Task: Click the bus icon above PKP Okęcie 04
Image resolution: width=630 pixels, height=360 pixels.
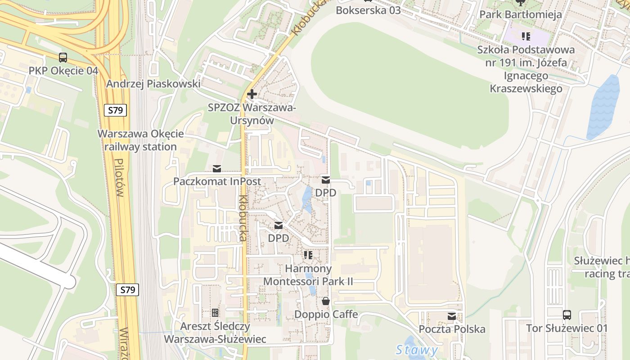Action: pos(63,58)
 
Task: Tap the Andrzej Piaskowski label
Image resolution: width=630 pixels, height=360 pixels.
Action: pos(153,84)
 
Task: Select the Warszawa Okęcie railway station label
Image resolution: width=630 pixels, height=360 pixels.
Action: pos(140,140)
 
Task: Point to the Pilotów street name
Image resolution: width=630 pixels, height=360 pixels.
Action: pos(119,178)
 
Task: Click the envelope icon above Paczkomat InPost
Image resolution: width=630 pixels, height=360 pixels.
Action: pos(217,169)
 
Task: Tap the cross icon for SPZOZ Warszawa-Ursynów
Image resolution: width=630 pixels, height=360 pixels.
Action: pos(252,94)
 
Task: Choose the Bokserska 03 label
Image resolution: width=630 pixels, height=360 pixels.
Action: pos(368,10)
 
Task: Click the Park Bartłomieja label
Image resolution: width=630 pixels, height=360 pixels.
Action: pos(520,14)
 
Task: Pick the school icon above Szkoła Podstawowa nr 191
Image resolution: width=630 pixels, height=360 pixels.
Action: pos(526,36)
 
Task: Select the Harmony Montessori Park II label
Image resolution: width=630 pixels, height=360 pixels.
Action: pos(308,275)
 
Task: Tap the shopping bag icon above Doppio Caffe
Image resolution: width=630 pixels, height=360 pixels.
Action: pos(325,301)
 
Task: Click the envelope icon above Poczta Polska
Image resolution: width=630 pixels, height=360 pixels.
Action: pos(452,316)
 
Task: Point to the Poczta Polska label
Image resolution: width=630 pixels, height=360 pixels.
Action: pos(452,329)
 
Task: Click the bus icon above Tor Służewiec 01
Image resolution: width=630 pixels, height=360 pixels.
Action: pos(567,315)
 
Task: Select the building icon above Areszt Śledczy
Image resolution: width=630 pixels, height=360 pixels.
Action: pos(215,312)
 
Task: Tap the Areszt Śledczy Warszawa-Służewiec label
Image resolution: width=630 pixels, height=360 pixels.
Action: pos(215,332)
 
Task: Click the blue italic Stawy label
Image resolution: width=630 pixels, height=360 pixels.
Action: pos(417,350)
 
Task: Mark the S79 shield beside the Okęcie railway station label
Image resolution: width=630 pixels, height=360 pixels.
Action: pos(116,110)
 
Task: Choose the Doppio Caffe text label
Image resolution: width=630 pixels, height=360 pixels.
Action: pos(326,314)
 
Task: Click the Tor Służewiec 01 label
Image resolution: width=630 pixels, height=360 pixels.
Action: pos(567,328)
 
